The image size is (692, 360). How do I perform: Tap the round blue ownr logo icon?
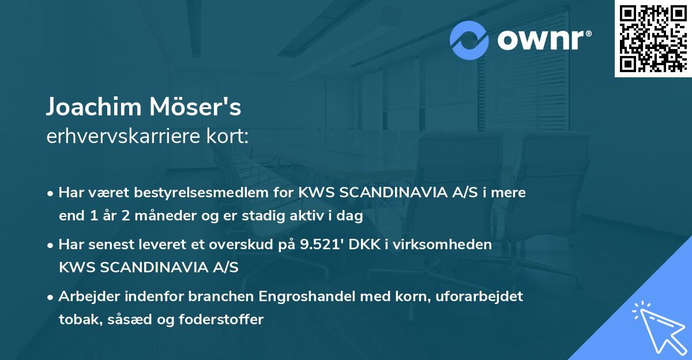pos(469,40)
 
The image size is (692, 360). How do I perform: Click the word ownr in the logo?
pos(540,40)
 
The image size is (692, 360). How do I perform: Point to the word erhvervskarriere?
pos(126,136)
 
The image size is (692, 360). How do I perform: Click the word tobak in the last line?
pos(76,319)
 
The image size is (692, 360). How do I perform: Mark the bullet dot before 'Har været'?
pos(51,193)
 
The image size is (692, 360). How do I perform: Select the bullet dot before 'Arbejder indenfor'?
pos(51,297)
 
